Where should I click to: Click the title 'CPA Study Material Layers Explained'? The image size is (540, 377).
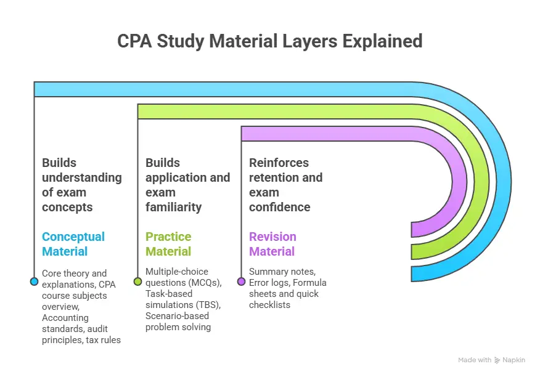point(269,41)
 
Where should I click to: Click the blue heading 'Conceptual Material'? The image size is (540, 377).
point(73,244)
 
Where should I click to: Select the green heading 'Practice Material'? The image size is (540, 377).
point(168,244)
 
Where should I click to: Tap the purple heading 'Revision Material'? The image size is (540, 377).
point(272,244)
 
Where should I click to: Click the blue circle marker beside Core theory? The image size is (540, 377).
point(34,282)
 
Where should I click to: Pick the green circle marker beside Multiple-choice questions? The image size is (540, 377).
point(137,282)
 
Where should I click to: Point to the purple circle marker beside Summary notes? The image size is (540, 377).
point(241,282)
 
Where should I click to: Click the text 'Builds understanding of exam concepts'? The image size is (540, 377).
point(81,185)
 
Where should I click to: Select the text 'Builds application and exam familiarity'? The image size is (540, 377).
point(187,185)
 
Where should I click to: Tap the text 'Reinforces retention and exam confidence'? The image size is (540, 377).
point(286,185)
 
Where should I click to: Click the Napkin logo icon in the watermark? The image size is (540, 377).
point(497,360)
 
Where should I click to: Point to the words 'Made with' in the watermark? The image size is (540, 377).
point(475,360)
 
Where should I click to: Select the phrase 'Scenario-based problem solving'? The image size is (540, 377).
point(179,322)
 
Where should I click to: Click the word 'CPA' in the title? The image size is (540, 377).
point(133,41)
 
